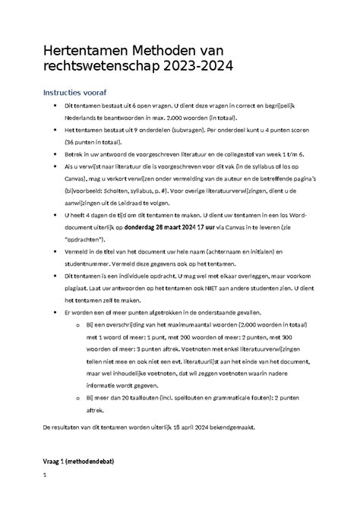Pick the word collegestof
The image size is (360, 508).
tap(227, 153)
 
